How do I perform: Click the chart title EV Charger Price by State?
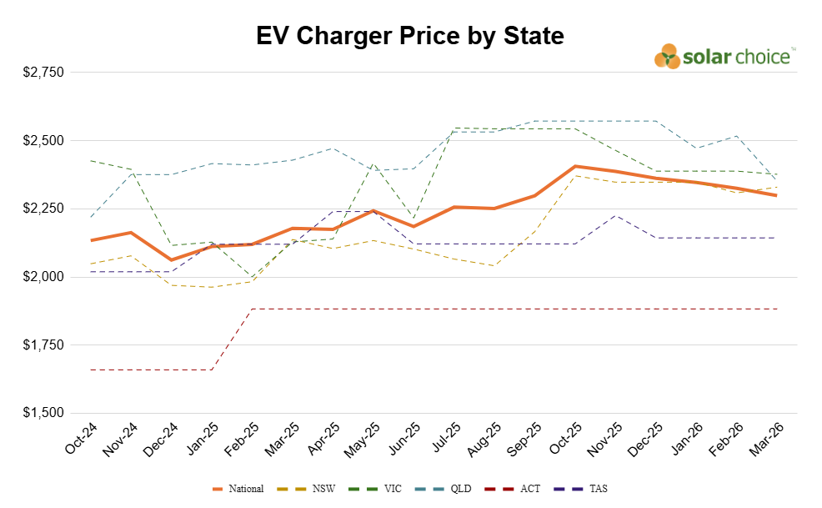click(410, 36)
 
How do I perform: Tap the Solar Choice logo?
click(724, 56)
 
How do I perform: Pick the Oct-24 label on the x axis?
click(80, 437)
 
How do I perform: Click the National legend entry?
click(239, 489)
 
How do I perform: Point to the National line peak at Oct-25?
click(575, 166)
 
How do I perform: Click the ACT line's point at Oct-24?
click(91, 370)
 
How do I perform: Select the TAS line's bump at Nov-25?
click(615, 215)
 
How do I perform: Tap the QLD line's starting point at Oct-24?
click(91, 217)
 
